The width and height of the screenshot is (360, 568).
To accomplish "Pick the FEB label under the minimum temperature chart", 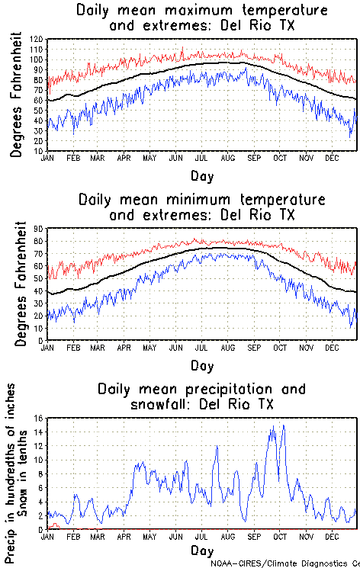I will pyautogui.click(x=73, y=348).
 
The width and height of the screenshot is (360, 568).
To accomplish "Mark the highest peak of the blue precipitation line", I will pyautogui.click(x=283, y=425).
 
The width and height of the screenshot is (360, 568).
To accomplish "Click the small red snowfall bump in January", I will pyautogui.click(x=53, y=525).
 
